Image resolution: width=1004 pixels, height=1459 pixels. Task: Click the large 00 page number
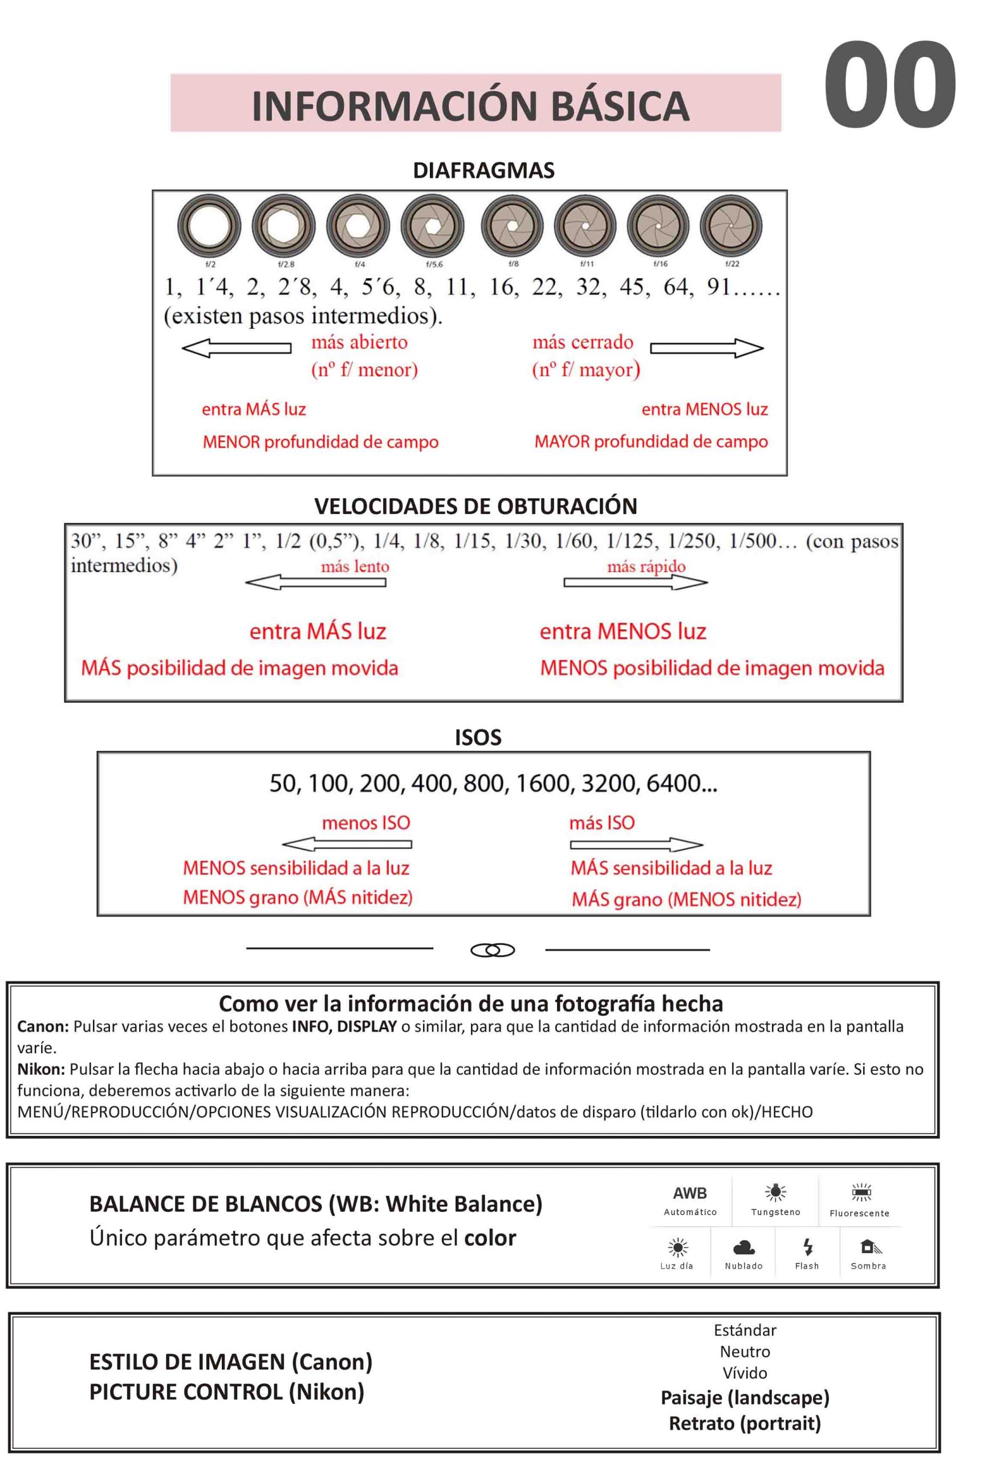click(x=889, y=85)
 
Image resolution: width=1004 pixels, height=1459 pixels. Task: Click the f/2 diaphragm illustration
click(x=209, y=227)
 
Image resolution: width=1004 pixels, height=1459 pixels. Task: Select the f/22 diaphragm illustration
click(x=731, y=227)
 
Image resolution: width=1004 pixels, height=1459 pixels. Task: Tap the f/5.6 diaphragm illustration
click(x=433, y=227)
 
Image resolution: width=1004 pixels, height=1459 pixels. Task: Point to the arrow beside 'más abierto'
click(x=236, y=348)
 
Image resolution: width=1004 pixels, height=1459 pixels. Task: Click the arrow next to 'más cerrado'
click(x=706, y=348)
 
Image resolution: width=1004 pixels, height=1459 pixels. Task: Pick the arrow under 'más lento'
click(x=316, y=583)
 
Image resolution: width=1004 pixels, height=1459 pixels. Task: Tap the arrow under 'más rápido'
click(x=635, y=583)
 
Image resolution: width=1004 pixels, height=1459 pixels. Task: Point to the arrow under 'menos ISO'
click(x=347, y=845)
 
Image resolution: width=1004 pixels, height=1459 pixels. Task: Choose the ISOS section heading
click(x=478, y=737)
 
